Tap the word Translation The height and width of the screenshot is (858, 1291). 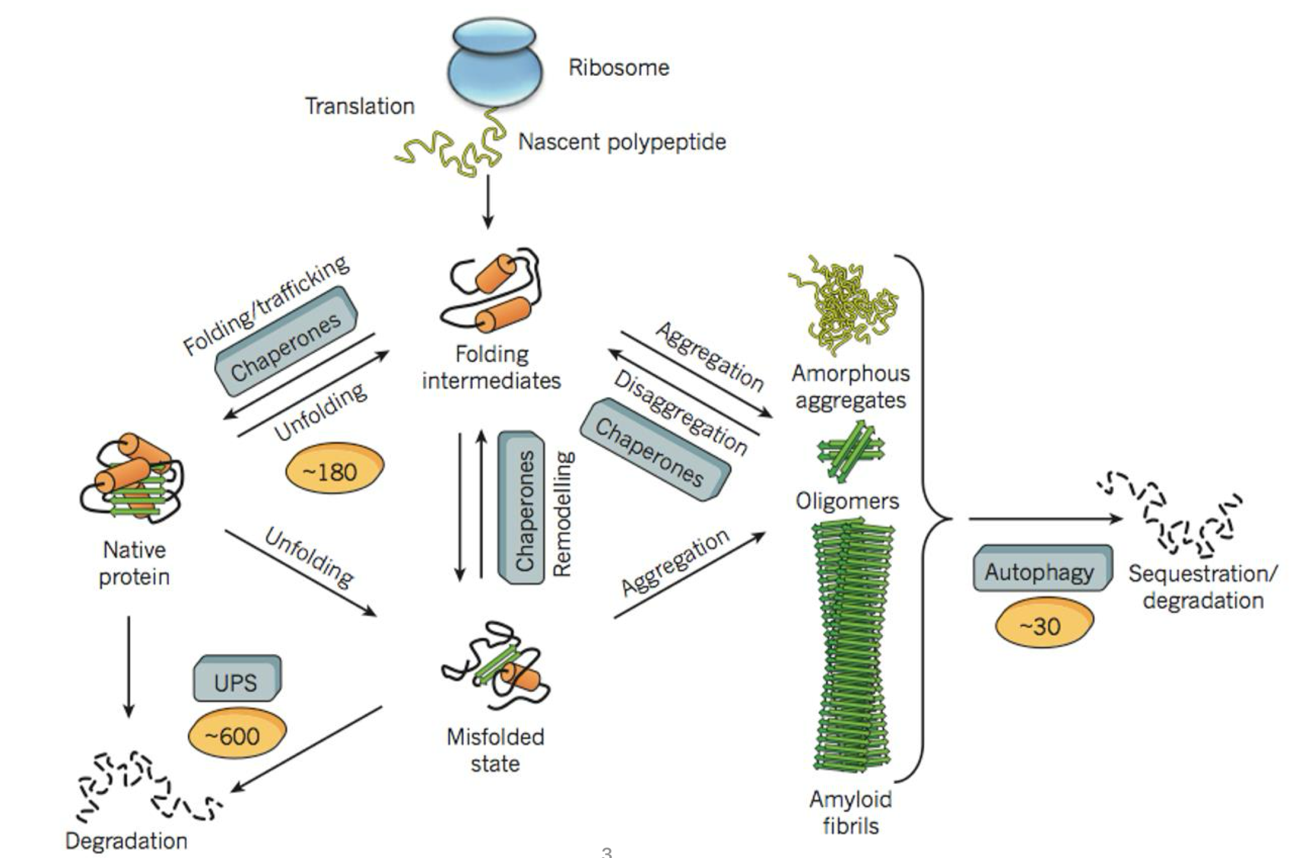[359, 106]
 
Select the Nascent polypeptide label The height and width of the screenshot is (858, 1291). [621, 142]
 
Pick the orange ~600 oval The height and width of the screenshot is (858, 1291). [237, 733]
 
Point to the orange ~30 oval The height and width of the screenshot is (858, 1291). [1044, 623]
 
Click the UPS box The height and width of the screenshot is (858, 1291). [237, 680]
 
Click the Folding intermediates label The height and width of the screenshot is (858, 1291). [491, 368]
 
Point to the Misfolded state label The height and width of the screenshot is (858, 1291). [495, 750]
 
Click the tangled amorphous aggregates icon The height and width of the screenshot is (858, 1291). [843, 305]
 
